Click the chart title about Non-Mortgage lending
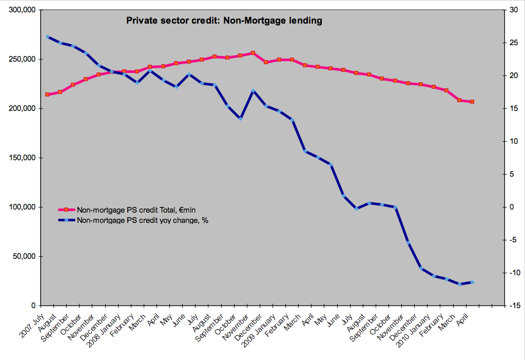[224, 21]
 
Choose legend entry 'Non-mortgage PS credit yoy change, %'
[142, 220]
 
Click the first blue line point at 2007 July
[47, 37]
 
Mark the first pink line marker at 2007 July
[47, 94]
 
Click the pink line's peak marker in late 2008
[253, 53]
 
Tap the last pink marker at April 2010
[472, 102]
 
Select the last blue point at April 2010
[472, 282]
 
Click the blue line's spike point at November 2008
[253, 91]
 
